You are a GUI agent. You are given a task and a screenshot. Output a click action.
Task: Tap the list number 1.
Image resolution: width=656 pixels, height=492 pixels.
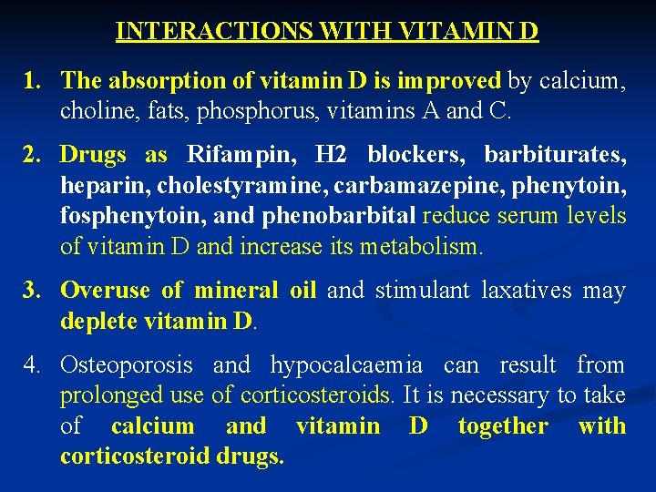[x=33, y=81]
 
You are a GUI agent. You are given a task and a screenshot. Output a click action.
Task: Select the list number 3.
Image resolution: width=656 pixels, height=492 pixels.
[x=33, y=291]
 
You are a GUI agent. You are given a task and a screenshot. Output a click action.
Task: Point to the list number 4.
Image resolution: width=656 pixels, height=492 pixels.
[x=33, y=365]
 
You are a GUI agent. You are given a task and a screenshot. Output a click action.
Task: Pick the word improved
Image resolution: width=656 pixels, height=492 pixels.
[x=456, y=81]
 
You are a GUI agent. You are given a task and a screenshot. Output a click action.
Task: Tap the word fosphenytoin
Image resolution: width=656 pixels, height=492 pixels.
[x=121, y=216]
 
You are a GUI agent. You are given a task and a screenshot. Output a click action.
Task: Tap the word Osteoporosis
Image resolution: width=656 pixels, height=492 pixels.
[x=127, y=365]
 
